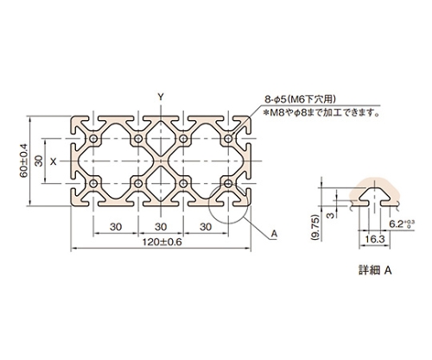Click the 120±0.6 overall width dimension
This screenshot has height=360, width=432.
click(162, 243)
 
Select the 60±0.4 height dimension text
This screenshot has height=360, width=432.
click(24, 161)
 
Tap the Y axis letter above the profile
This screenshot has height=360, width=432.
click(161, 98)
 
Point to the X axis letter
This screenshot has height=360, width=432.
click(54, 161)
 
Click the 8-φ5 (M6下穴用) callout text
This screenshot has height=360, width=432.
click(301, 99)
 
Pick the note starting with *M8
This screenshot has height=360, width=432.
click(321, 112)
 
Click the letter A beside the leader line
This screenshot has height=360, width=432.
click(274, 234)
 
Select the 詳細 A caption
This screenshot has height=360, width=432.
click(375, 270)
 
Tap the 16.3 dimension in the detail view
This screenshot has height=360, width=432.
click(374, 239)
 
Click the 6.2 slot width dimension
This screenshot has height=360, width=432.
click(402, 224)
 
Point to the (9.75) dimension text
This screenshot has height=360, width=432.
click(315, 227)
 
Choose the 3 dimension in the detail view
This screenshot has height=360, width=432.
click(331, 215)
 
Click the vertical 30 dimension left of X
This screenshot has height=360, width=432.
click(40, 161)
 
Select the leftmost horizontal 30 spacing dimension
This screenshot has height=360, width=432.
click(116, 227)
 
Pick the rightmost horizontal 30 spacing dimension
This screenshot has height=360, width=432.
click(206, 227)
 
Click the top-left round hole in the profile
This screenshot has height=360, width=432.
click(93, 139)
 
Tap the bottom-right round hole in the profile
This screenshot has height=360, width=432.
click(228, 183)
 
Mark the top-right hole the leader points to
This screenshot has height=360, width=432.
click(228, 139)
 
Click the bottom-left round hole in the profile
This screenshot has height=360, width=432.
click(93, 183)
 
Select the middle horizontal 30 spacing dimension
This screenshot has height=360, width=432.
click(161, 227)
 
